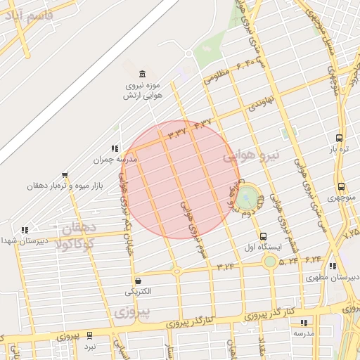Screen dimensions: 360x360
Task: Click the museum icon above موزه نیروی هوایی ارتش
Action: [x=143, y=75]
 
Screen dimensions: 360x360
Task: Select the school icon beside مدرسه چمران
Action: [x=113, y=148]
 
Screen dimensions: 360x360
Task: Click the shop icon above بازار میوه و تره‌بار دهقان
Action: [x=65, y=175]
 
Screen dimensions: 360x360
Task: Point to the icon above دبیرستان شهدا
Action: [x=25, y=229]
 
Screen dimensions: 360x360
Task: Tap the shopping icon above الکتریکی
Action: [x=137, y=280]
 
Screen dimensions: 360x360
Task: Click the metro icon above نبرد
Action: [x=90, y=335]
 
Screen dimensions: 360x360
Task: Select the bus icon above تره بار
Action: [x=340, y=139]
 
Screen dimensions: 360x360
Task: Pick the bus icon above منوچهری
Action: [x=341, y=186]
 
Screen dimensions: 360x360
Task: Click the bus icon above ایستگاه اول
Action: [x=263, y=236]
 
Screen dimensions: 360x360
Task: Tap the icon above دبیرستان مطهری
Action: [x=332, y=266]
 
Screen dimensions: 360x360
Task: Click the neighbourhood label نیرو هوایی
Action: [x=252, y=155]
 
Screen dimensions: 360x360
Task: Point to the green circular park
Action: [x=247, y=198]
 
